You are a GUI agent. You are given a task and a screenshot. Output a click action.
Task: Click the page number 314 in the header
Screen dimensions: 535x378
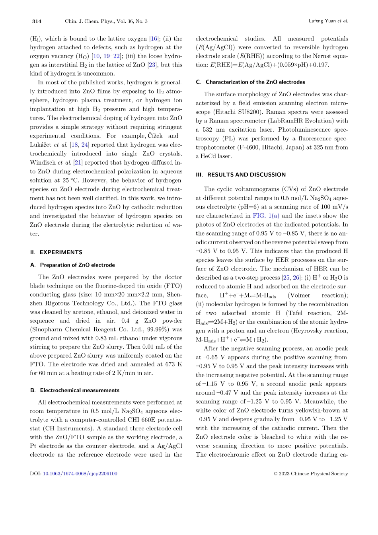(37, 21)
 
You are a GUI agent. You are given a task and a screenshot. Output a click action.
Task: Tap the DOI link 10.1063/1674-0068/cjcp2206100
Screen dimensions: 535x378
(80, 473)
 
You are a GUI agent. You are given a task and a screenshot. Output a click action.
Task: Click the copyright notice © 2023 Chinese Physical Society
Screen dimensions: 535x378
(311, 473)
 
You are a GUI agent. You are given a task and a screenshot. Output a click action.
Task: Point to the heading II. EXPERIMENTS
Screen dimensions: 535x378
(56, 252)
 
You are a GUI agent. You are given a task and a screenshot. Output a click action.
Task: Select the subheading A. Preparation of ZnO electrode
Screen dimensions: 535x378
(72, 265)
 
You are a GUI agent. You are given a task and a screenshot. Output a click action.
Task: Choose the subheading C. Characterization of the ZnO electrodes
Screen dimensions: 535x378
(250, 82)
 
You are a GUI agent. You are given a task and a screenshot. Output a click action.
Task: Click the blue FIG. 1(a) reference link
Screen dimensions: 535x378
(266, 216)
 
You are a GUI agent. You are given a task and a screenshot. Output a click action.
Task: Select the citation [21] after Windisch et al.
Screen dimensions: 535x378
(78, 162)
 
